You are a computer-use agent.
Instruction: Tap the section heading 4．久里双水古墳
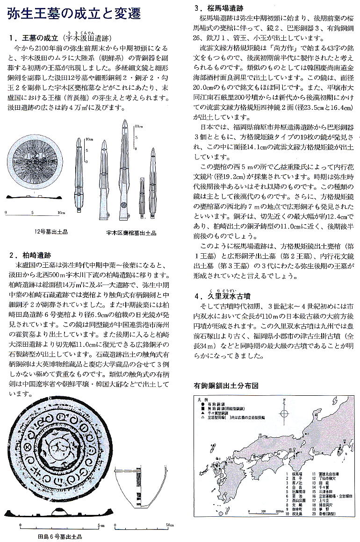(227, 296)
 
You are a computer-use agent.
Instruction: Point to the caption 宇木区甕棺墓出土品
(131, 232)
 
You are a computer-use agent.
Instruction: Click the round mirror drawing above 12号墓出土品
(34, 164)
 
